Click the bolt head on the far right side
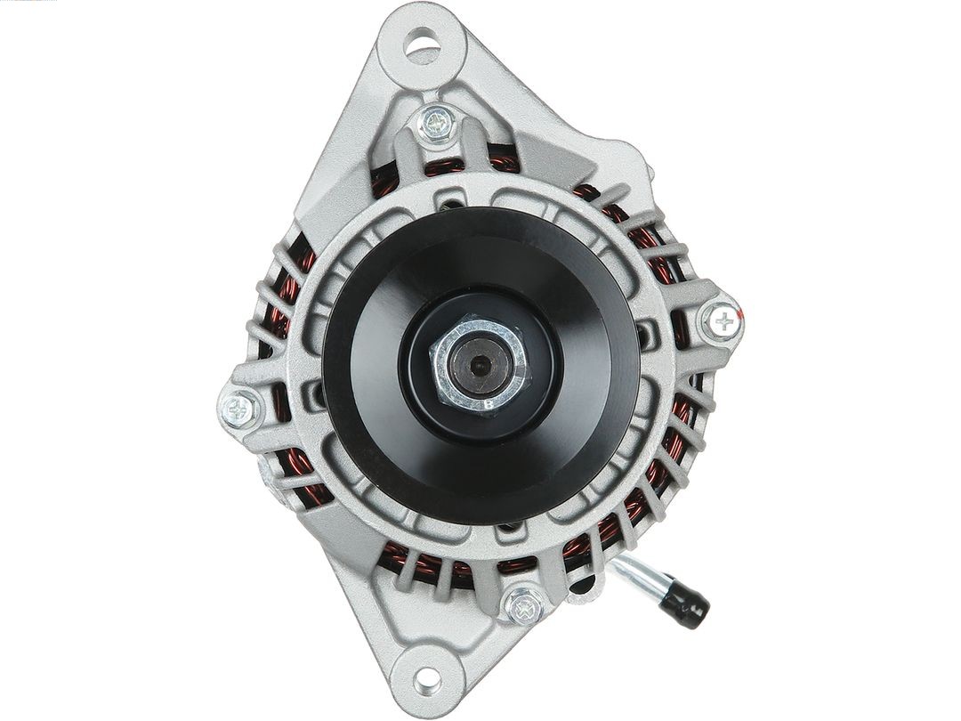pos(724,320)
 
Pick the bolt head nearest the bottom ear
pos(524,604)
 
